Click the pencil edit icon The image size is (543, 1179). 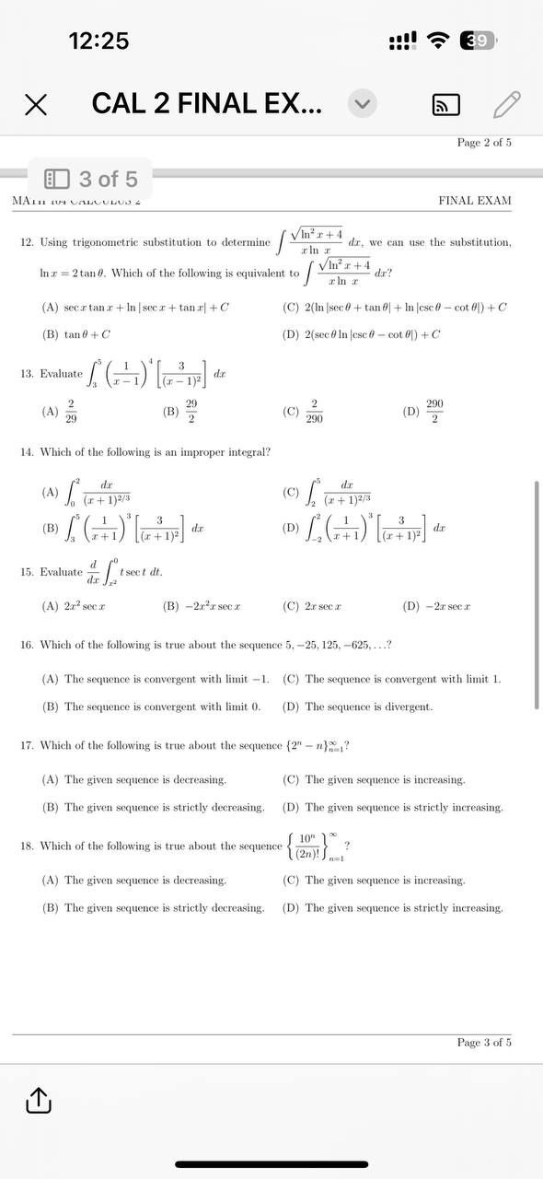[x=507, y=104]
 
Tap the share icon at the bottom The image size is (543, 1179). [x=38, y=1099]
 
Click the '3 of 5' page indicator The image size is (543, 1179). [x=92, y=179]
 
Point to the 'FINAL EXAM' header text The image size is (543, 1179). [x=475, y=201]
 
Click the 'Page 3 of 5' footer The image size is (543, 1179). [x=484, y=1043]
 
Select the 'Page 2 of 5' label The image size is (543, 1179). [x=484, y=142]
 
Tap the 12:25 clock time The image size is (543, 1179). [x=98, y=41]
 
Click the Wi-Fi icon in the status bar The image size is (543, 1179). [x=440, y=41]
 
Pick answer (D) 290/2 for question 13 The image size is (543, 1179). [x=424, y=412]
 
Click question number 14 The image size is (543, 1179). [x=27, y=452]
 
